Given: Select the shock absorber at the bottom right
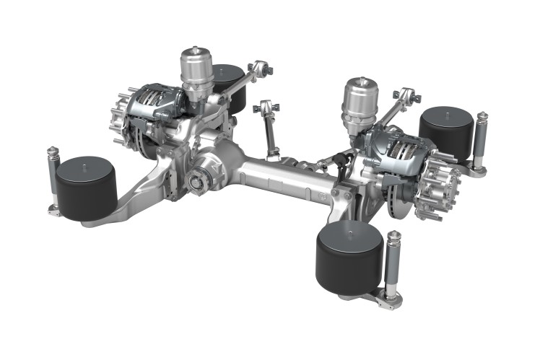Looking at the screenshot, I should (x=393, y=267).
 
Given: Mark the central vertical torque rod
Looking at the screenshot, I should (x=270, y=130).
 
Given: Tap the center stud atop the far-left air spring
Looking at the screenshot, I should (x=86, y=168).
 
